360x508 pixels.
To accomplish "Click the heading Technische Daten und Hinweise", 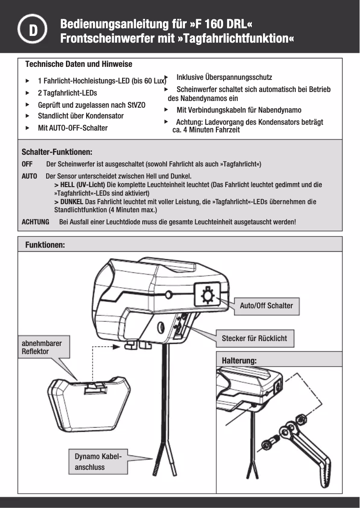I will pos(79,64).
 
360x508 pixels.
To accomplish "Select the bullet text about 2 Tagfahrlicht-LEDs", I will pos(67,93).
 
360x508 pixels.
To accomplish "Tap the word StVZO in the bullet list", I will pos(136,105).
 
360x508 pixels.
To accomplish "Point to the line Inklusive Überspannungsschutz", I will pos(224,77).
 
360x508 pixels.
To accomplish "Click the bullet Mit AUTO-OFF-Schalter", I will pos(73,128).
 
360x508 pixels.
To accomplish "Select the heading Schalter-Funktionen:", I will pos(57,152).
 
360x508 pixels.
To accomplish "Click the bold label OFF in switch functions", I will pos(27,164).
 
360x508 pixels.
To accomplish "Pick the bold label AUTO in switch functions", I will pos(29,176).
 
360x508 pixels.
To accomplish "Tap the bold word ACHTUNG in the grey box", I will pos(35,222).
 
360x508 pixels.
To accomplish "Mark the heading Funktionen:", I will pos(45,245).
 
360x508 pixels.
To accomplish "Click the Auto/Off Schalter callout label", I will pos(266,306).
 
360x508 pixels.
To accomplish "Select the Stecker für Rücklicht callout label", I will pos(254,338).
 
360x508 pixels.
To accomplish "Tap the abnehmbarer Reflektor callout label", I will pos(42,347).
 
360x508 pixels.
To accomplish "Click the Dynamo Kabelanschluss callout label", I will pos(97,462).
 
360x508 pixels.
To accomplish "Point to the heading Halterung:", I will pos(239,361).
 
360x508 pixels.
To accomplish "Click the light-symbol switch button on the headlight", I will pos(207,294).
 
